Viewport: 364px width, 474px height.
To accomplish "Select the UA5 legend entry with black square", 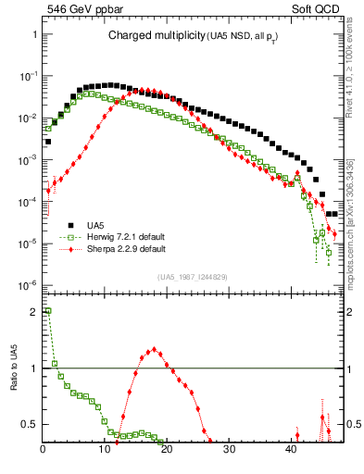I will coord(95,225).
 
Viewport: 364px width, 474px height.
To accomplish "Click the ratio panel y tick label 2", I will coord(34,312).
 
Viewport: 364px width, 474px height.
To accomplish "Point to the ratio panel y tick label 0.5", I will coord(31,424).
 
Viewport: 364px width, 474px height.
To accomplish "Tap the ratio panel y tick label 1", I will coord(34,368).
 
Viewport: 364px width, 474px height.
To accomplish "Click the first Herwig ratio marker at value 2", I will coord(48,312).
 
